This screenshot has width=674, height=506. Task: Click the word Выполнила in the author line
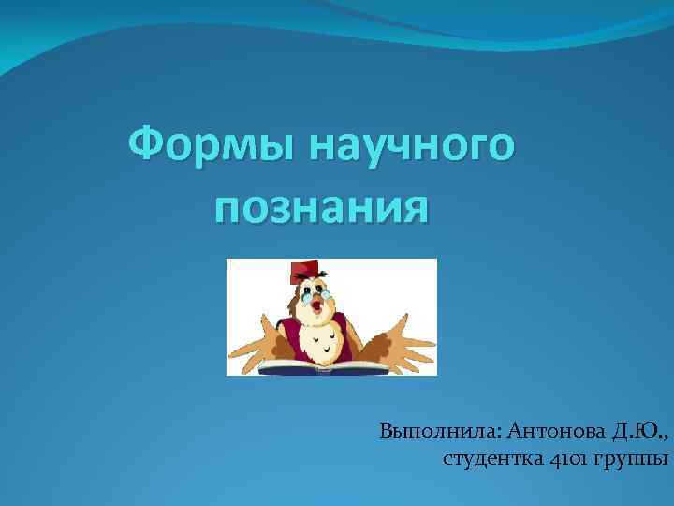coord(439,432)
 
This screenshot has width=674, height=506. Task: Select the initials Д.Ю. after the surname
coord(639,432)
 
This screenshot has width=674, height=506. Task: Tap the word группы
coord(627,459)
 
